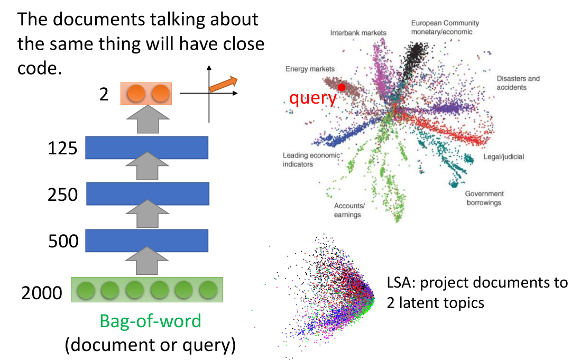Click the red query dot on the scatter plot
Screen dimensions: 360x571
click(x=342, y=87)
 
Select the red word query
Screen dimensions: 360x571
click(x=313, y=98)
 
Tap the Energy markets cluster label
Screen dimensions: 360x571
click(x=310, y=69)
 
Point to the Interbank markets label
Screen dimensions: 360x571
click(x=358, y=33)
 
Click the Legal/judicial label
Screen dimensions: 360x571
click(x=504, y=157)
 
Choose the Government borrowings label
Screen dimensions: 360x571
click(x=484, y=198)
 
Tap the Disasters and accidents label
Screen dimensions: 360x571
click(x=518, y=83)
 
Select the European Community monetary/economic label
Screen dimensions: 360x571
click(x=445, y=27)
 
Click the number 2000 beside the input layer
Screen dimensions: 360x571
click(x=42, y=292)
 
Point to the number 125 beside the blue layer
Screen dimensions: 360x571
click(x=62, y=149)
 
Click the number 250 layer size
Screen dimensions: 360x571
click(x=62, y=195)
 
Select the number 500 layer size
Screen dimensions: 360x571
click(x=62, y=242)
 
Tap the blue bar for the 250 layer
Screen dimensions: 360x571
click(x=146, y=193)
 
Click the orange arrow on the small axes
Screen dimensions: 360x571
click(x=223, y=83)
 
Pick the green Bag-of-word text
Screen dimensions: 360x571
click(x=151, y=321)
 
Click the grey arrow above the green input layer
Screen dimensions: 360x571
click(x=146, y=263)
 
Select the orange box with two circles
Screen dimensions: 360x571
click(x=146, y=94)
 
